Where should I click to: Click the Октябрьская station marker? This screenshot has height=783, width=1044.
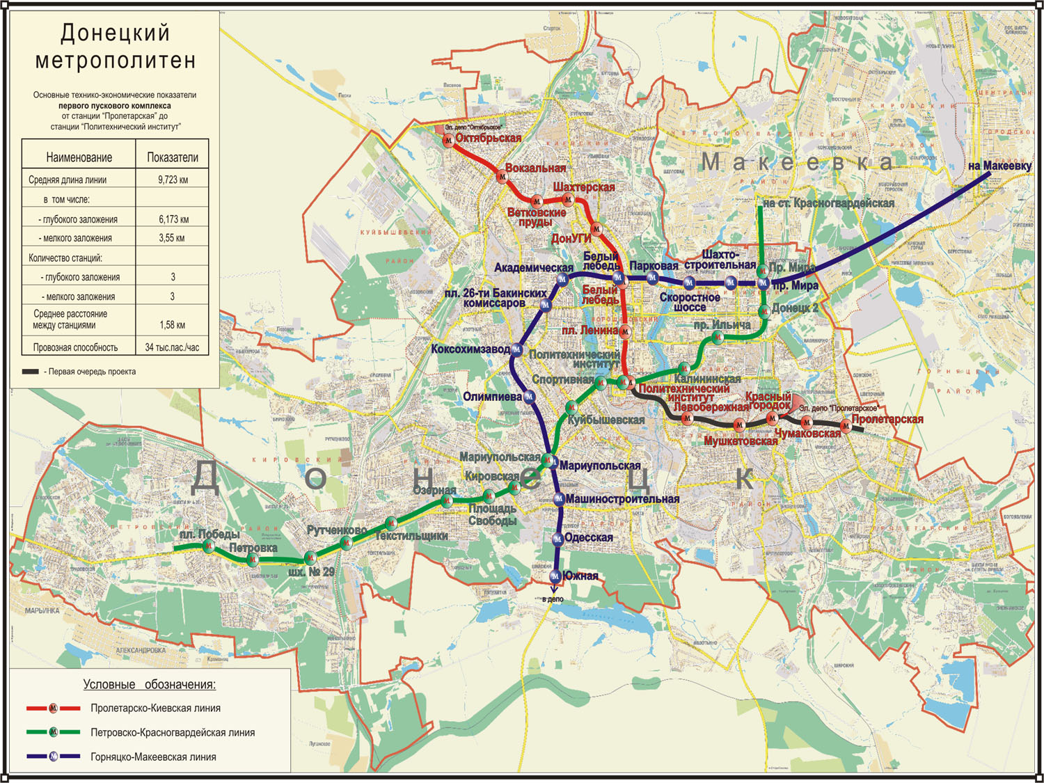pyautogui.click(x=449, y=141)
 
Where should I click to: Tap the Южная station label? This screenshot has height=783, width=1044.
pyautogui.click(x=580, y=576)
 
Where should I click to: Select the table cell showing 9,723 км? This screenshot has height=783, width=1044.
pyautogui.click(x=173, y=180)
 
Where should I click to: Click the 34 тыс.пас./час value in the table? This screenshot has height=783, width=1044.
pyautogui.click(x=172, y=347)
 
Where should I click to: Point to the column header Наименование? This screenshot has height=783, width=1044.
pyautogui.click(x=79, y=157)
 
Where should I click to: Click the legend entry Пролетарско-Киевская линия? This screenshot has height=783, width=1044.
pyautogui.click(x=155, y=708)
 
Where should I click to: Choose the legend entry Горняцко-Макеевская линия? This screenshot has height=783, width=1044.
pyautogui.click(x=153, y=757)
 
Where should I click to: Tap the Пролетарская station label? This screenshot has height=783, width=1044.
pyautogui.click(x=887, y=419)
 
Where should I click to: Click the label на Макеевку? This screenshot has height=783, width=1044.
pyautogui.click(x=999, y=166)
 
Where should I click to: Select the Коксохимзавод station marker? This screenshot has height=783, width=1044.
pyautogui.click(x=517, y=350)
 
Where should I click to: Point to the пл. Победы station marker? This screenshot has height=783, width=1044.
pyautogui.click(x=208, y=546)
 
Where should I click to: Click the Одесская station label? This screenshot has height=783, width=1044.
pyautogui.click(x=589, y=537)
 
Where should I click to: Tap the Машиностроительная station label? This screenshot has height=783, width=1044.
pyautogui.click(x=622, y=499)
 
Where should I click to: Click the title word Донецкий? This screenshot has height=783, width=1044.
pyautogui.click(x=115, y=33)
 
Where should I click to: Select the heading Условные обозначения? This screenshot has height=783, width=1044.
pyautogui.click(x=149, y=684)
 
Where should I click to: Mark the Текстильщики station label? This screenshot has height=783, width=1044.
pyautogui.click(x=411, y=535)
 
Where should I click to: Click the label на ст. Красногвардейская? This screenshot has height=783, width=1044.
pyautogui.click(x=828, y=203)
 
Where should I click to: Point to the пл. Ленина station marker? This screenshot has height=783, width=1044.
pyautogui.click(x=625, y=331)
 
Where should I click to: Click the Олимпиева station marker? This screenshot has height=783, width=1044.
pyautogui.click(x=529, y=397)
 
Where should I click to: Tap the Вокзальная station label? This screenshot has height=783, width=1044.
pyautogui.click(x=535, y=168)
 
